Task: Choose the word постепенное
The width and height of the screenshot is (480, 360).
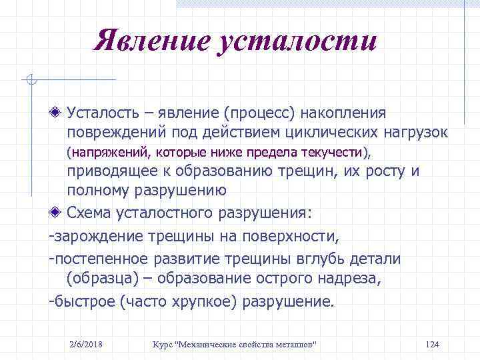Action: [97, 258]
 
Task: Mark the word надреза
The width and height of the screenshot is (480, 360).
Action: [349, 278]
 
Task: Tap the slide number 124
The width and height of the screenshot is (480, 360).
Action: [431, 344]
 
